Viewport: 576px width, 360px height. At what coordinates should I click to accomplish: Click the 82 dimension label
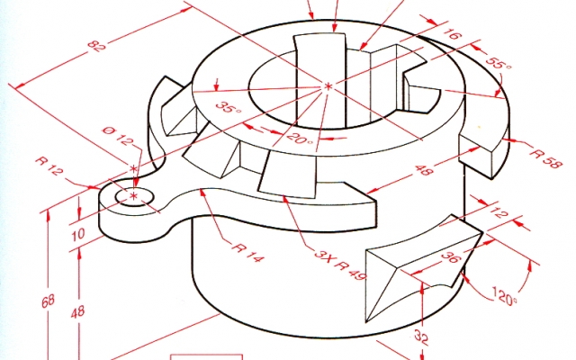(x=97, y=46)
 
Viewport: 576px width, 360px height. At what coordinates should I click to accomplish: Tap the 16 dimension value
(x=452, y=33)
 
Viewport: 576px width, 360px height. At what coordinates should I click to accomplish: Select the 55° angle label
(x=498, y=62)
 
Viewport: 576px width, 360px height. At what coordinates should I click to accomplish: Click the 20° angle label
(x=300, y=139)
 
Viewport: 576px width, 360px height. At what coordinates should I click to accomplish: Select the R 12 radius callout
(x=49, y=166)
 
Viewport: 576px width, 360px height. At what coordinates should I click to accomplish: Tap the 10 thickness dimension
(x=78, y=234)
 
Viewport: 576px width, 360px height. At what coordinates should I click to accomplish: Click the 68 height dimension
(x=48, y=302)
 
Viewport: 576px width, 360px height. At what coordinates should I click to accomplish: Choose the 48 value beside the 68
(x=78, y=312)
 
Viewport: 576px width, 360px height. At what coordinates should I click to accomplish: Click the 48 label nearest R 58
(x=424, y=170)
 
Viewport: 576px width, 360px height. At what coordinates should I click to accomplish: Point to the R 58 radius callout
(x=546, y=158)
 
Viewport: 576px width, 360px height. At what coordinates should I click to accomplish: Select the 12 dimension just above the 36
(x=498, y=212)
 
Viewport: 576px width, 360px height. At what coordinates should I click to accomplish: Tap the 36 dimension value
(x=450, y=256)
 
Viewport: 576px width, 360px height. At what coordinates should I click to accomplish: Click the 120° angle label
(x=504, y=296)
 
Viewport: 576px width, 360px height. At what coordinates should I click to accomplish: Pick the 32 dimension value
(x=421, y=337)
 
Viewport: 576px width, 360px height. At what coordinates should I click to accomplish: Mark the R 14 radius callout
(x=248, y=252)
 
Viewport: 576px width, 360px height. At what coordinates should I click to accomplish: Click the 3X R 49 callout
(x=340, y=265)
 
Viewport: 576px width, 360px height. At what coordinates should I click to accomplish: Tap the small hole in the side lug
(x=134, y=197)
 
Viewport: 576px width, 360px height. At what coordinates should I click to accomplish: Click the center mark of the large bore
(x=328, y=86)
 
